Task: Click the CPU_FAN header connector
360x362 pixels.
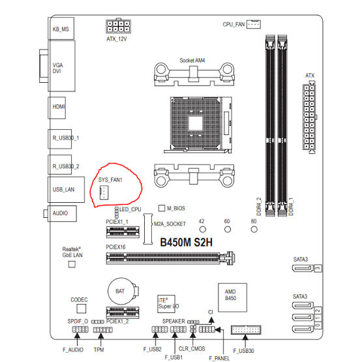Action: pos(254,24)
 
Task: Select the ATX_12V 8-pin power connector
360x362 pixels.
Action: pos(118,26)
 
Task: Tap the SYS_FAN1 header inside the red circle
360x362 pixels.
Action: pos(104,192)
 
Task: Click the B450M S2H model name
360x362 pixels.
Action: pos(187,242)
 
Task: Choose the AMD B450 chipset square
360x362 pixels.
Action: pos(232,297)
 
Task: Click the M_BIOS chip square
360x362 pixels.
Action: pos(162,208)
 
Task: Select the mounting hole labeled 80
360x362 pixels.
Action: pos(254,230)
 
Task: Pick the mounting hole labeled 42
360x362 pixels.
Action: pos(203,230)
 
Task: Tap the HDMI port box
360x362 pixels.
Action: pos(57,108)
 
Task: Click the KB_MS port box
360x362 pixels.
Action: pos(61,29)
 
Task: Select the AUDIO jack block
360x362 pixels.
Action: pos(62,213)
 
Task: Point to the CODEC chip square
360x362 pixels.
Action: pos(81,309)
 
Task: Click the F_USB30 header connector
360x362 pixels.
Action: pos(246,329)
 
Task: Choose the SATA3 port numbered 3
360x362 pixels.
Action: pos(304,268)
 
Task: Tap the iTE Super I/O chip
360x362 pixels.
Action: pos(166,304)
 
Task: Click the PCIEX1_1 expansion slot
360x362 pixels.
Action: pos(123,232)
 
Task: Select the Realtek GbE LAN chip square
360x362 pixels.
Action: pos(72,264)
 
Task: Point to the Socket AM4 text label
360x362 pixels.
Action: pos(192,61)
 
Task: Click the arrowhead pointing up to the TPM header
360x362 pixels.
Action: pos(100,335)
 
